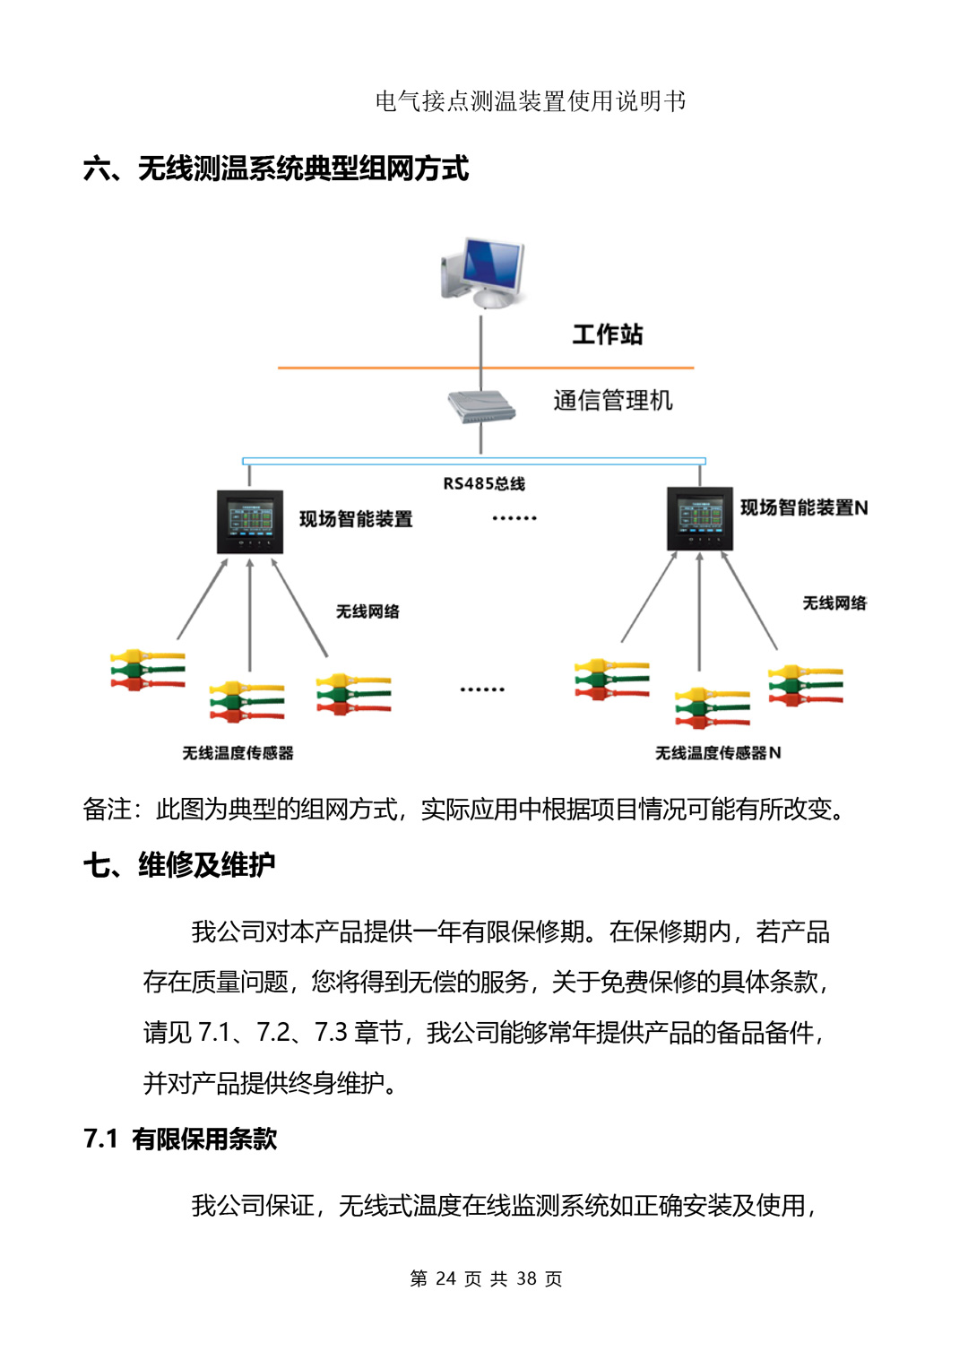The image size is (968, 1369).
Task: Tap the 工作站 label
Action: coord(608,334)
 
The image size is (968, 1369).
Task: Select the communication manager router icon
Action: coord(481,405)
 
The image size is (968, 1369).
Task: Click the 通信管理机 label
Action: coord(612,400)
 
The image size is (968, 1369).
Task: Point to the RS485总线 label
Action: coord(484,483)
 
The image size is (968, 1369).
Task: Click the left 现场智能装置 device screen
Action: coord(250,521)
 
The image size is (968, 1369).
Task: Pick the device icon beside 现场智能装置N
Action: coord(700,518)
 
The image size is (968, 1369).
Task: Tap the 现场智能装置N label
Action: coord(803,507)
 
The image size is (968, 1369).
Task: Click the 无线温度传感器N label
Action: coord(718,752)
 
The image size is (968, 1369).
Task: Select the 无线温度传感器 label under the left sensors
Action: coord(238,752)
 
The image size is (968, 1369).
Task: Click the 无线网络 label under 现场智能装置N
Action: coord(834,602)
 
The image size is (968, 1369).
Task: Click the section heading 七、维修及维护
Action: coord(179,865)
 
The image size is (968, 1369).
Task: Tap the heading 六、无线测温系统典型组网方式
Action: coord(276,168)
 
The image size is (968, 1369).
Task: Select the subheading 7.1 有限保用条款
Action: coord(180,1139)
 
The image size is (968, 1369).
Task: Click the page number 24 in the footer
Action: coord(445,1278)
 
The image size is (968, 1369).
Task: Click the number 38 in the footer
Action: coord(526,1278)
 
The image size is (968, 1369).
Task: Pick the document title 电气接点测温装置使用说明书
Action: coord(531,101)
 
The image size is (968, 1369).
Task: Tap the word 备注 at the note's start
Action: coord(107,809)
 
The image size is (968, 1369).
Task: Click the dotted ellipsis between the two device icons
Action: coord(514,518)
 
